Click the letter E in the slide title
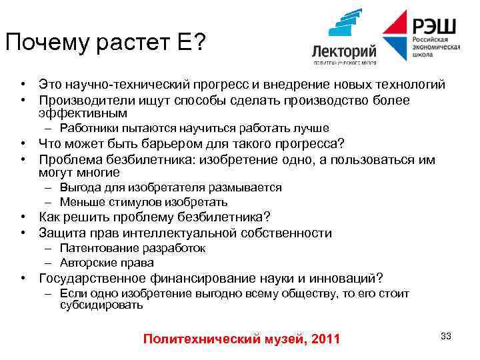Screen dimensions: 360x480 click(x=181, y=43)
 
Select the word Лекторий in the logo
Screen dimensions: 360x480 click(x=345, y=51)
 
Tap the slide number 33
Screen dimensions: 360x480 click(x=446, y=336)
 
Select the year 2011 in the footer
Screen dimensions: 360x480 click(x=326, y=339)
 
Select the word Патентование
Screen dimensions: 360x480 click(x=95, y=248)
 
